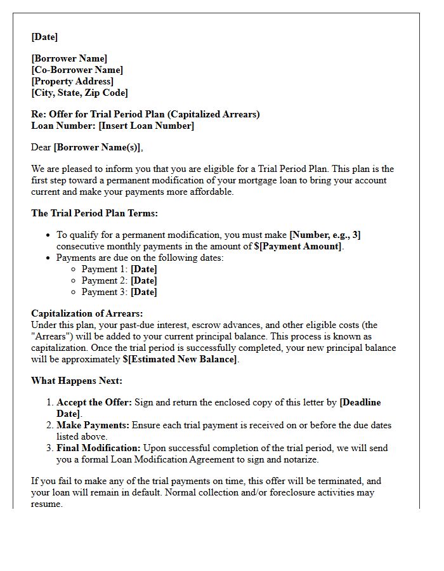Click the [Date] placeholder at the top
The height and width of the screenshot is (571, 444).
click(x=44, y=37)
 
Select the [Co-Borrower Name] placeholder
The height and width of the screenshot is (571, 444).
click(x=77, y=70)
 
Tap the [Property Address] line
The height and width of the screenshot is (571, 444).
click(x=72, y=81)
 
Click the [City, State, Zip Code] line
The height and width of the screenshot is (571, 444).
click(x=79, y=93)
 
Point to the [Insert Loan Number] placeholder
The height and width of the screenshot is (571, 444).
click(x=146, y=126)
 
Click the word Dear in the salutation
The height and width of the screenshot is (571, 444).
click(x=41, y=147)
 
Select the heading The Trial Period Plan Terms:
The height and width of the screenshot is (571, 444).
click(x=95, y=213)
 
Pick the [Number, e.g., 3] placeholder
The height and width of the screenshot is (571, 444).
click(x=325, y=235)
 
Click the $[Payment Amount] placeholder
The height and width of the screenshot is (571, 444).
click(x=298, y=246)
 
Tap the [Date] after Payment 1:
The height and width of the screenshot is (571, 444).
click(x=143, y=269)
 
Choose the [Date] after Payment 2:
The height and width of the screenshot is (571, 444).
click(x=143, y=280)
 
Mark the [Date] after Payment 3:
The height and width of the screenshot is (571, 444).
click(x=143, y=292)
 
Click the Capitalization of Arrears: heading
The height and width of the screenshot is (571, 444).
click(x=87, y=313)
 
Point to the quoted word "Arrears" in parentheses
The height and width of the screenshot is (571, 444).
click(x=51, y=336)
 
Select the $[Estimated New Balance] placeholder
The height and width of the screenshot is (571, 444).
click(x=180, y=359)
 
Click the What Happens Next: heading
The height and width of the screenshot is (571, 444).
click(x=77, y=381)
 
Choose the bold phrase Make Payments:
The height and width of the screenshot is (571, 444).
click(x=93, y=425)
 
